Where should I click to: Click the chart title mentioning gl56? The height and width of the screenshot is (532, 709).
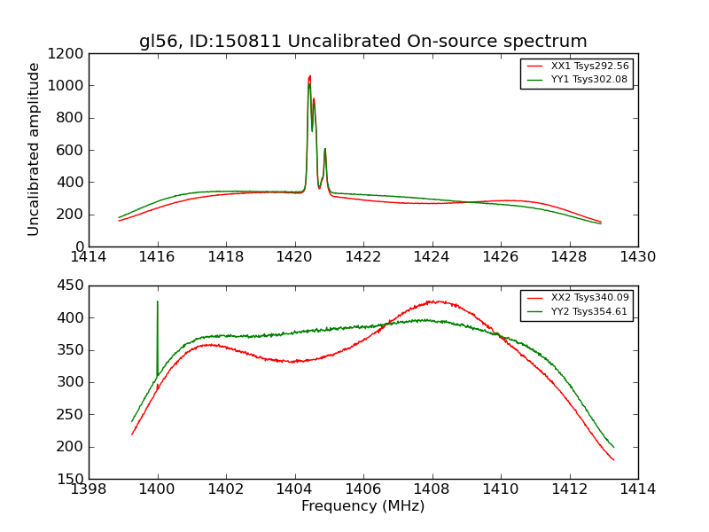click(362, 42)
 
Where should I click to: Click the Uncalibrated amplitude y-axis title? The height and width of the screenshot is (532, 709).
click(35, 149)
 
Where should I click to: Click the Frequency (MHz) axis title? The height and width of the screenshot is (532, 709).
click(362, 506)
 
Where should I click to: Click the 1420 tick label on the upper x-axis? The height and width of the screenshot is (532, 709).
click(294, 257)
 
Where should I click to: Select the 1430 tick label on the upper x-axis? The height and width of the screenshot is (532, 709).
click(637, 257)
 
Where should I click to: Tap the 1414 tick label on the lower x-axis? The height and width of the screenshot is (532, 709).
click(637, 489)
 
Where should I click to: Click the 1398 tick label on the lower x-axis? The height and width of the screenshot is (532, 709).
click(89, 489)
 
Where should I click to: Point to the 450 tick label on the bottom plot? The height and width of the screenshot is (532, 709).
click(70, 286)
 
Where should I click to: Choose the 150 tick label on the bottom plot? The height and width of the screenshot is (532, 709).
click(70, 479)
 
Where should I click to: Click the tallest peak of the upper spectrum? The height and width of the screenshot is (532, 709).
click(309, 76)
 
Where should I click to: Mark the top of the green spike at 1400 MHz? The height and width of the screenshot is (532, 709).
click(158, 301)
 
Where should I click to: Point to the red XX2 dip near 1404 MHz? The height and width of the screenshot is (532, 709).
click(293, 362)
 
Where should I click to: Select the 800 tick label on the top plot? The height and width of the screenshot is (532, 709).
click(70, 118)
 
